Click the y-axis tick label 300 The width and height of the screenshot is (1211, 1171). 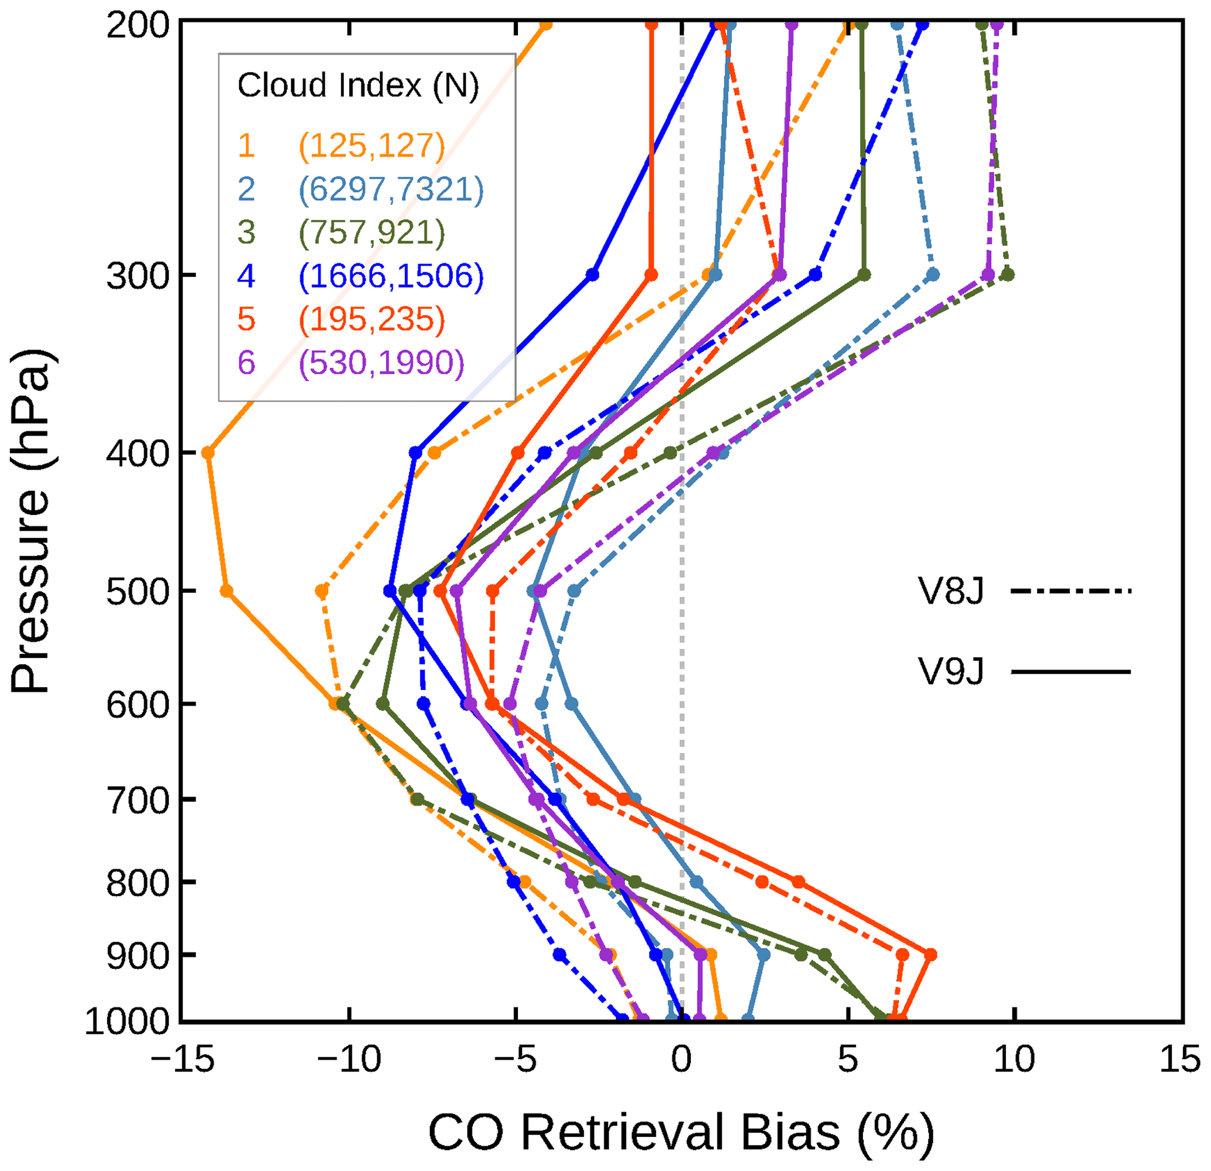click(x=138, y=275)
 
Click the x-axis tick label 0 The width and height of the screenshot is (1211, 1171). click(x=681, y=1060)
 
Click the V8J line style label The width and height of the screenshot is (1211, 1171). click(x=951, y=592)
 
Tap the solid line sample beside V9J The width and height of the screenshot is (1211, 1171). click(x=1071, y=672)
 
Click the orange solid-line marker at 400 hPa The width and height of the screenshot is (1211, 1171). click(x=208, y=453)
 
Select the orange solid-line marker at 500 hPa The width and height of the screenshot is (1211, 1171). click(x=227, y=592)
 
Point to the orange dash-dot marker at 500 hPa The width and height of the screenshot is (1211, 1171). click(x=322, y=592)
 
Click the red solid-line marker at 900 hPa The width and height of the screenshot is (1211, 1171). click(x=930, y=955)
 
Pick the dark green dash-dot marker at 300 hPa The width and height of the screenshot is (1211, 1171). click(x=1008, y=275)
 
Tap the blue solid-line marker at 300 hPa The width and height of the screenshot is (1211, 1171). click(x=592, y=275)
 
